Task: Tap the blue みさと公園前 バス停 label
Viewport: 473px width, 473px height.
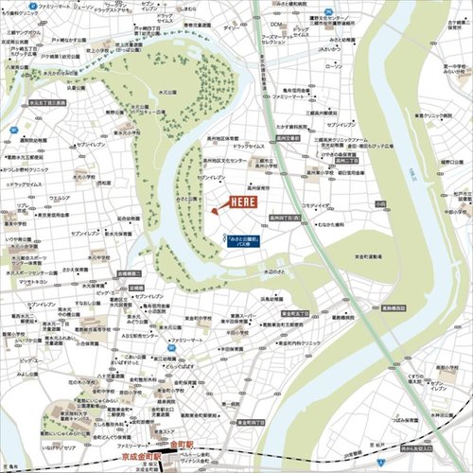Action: (242, 242)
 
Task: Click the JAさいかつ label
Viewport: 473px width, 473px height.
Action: (328, 49)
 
